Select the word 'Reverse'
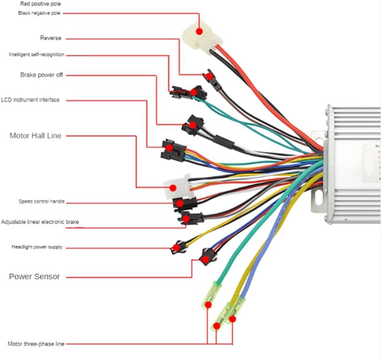(x=51, y=38)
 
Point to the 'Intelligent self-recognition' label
(x=37, y=55)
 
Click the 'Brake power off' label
(x=41, y=75)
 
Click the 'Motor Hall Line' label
(x=35, y=136)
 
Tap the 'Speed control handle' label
(x=42, y=202)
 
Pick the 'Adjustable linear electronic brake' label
(x=40, y=222)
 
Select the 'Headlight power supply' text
(x=37, y=247)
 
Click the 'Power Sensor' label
(x=34, y=277)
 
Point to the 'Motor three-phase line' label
(x=36, y=344)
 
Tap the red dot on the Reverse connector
(x=209, y=77)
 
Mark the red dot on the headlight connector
(x=177, y=247)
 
